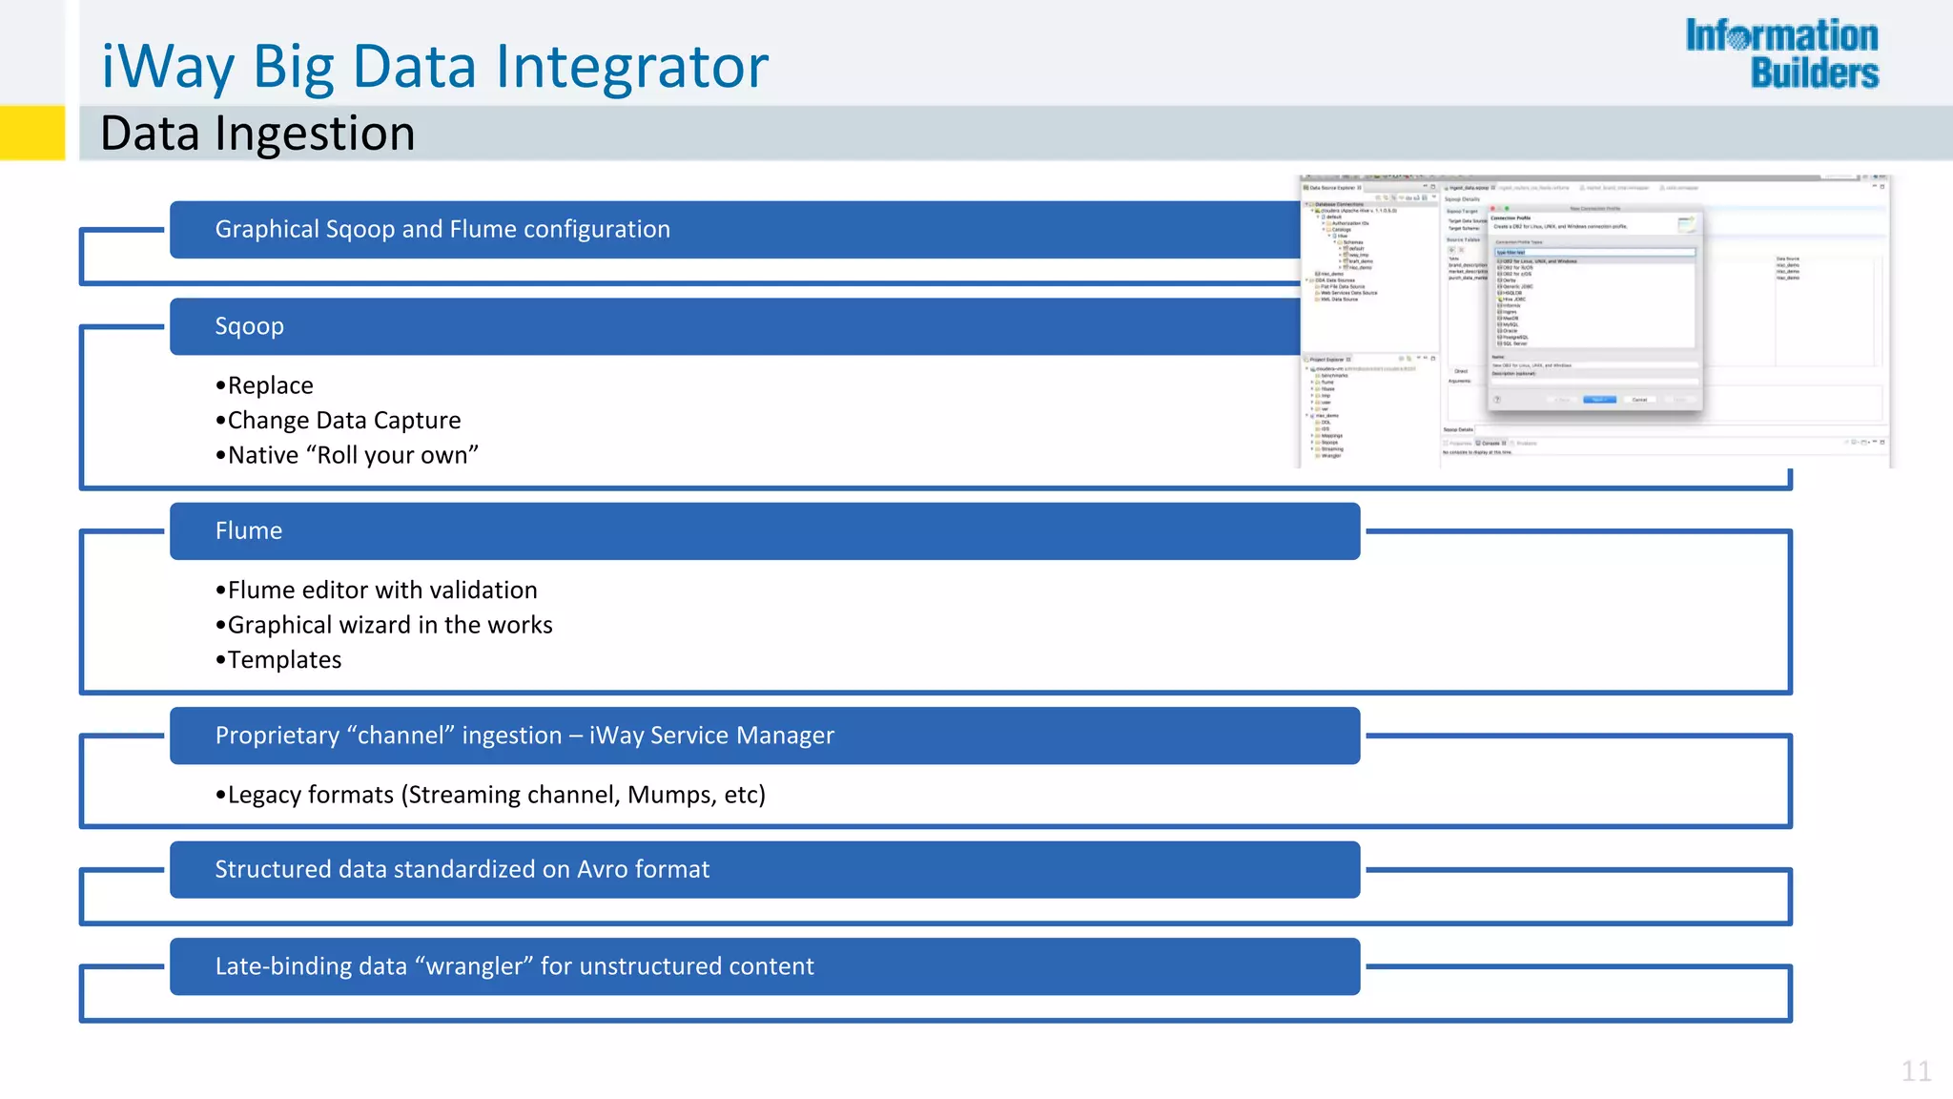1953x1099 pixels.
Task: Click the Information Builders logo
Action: [1781, 54]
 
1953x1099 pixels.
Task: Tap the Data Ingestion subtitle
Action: [257, 133]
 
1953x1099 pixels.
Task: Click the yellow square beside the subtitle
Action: [32, 133]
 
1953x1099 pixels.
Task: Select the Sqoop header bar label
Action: [249, 326]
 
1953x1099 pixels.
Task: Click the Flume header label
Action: [248, 530]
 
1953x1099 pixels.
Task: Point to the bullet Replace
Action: [270, 385]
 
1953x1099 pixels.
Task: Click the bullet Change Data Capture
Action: [343, 421]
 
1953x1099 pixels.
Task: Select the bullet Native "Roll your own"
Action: [352, 455]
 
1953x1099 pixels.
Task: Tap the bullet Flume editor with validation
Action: [381, 591]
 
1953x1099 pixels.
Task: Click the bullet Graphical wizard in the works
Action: [389, 625]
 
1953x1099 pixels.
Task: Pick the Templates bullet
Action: [284, 660]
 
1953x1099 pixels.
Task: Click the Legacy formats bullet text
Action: [496, 795]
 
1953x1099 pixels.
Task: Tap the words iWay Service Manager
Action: [711, 736]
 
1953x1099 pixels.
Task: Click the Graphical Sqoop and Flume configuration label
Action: [442, 229]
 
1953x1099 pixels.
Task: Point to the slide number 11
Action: [1916, 1071]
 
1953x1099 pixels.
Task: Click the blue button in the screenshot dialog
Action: [1599, 400]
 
